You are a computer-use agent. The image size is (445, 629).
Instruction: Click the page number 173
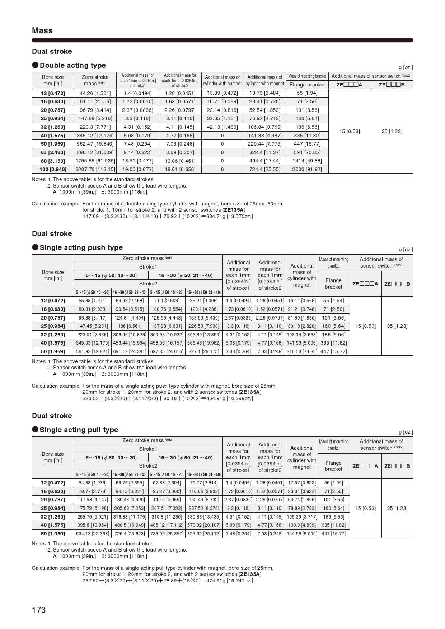(x=39, y=610)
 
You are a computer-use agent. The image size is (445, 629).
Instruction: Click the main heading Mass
(x=42, y=30)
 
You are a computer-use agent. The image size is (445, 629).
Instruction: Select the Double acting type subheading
(x=72, y=65)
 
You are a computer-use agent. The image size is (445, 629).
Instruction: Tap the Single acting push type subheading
(x=81, y=247)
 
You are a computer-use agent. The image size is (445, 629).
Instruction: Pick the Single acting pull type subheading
(x=79, y=430)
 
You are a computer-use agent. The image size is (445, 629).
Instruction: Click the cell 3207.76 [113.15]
(x=95, y=169)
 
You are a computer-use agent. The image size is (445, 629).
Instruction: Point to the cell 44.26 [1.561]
(x=95, y=93)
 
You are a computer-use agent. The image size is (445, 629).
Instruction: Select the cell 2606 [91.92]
(x=307, y=169)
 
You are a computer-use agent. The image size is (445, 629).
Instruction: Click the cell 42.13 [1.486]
(x=222, y=127)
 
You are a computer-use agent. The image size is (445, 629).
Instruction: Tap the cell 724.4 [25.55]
(x=264, y=169)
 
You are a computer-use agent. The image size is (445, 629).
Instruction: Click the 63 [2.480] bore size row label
(x=53, y=152)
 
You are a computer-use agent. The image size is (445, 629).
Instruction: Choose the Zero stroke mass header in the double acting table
(x=95, y=80)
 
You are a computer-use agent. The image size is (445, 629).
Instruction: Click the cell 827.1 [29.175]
(x=204, y=351)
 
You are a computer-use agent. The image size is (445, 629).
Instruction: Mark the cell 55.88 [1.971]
(x=93, y=301)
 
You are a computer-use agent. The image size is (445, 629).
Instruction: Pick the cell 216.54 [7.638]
(x=302, y=351)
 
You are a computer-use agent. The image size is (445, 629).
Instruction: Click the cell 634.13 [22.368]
(x=93, y=534)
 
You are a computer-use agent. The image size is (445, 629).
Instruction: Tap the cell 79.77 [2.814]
(x=204, y=483)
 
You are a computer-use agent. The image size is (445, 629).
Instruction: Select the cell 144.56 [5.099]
(x=302, y=534)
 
